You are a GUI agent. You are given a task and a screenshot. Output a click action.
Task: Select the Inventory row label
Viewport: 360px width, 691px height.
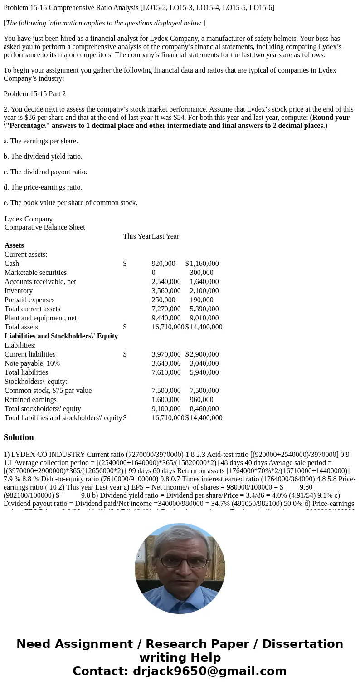(19, 291)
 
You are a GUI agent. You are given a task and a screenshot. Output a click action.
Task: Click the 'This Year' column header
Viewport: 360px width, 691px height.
(136, 236)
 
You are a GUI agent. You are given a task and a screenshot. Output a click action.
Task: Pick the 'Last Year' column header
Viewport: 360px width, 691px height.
(165, 236)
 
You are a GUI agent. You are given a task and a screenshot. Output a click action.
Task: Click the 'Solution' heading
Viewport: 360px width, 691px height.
(19, 437)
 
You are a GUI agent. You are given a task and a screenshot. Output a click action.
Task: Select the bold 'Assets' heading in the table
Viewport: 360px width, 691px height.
(14, 245)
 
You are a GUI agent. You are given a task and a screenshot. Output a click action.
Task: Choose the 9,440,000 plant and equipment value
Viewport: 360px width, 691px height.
(166, 318)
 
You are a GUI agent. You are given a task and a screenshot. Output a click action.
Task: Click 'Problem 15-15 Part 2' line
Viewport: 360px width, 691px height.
(34, 94)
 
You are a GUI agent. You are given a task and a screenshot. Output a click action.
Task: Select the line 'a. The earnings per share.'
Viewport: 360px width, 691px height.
(41, 141)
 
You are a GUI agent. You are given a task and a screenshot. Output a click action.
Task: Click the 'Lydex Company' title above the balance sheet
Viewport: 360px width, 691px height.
(29, 219)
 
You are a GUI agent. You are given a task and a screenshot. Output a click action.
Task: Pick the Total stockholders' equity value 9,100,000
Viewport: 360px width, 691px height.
(166, 409)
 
